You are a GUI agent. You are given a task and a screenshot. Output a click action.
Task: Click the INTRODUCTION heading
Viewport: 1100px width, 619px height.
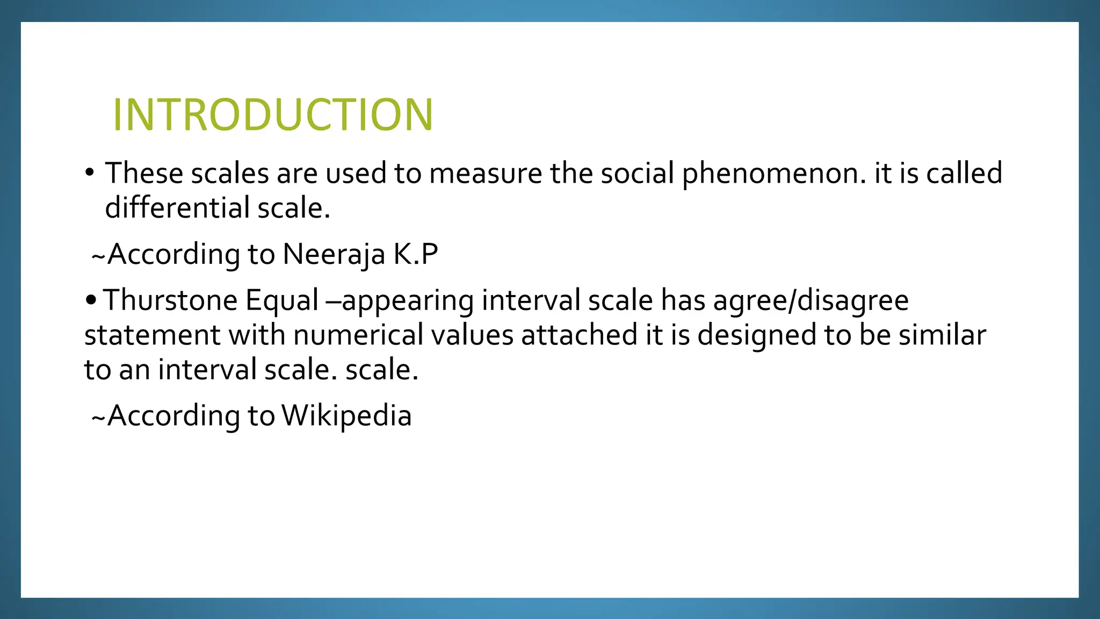272,114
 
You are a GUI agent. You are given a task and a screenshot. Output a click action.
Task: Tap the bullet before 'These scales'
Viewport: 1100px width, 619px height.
89,173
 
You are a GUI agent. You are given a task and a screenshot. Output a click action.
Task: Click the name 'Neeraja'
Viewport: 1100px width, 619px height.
334,254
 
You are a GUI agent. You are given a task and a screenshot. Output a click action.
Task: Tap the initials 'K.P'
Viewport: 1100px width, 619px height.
416,254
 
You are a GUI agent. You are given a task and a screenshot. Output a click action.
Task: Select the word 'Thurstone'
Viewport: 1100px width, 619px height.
170,300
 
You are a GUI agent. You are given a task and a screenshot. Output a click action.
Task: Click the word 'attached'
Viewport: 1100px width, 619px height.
579,335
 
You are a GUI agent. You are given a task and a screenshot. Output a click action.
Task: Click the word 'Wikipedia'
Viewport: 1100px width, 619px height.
346,416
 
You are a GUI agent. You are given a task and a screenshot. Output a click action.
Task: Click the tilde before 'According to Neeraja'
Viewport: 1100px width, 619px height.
98,256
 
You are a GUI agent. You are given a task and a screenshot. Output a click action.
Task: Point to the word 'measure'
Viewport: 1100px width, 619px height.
486,174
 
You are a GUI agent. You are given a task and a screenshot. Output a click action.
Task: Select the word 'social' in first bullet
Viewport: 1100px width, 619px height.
637,174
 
